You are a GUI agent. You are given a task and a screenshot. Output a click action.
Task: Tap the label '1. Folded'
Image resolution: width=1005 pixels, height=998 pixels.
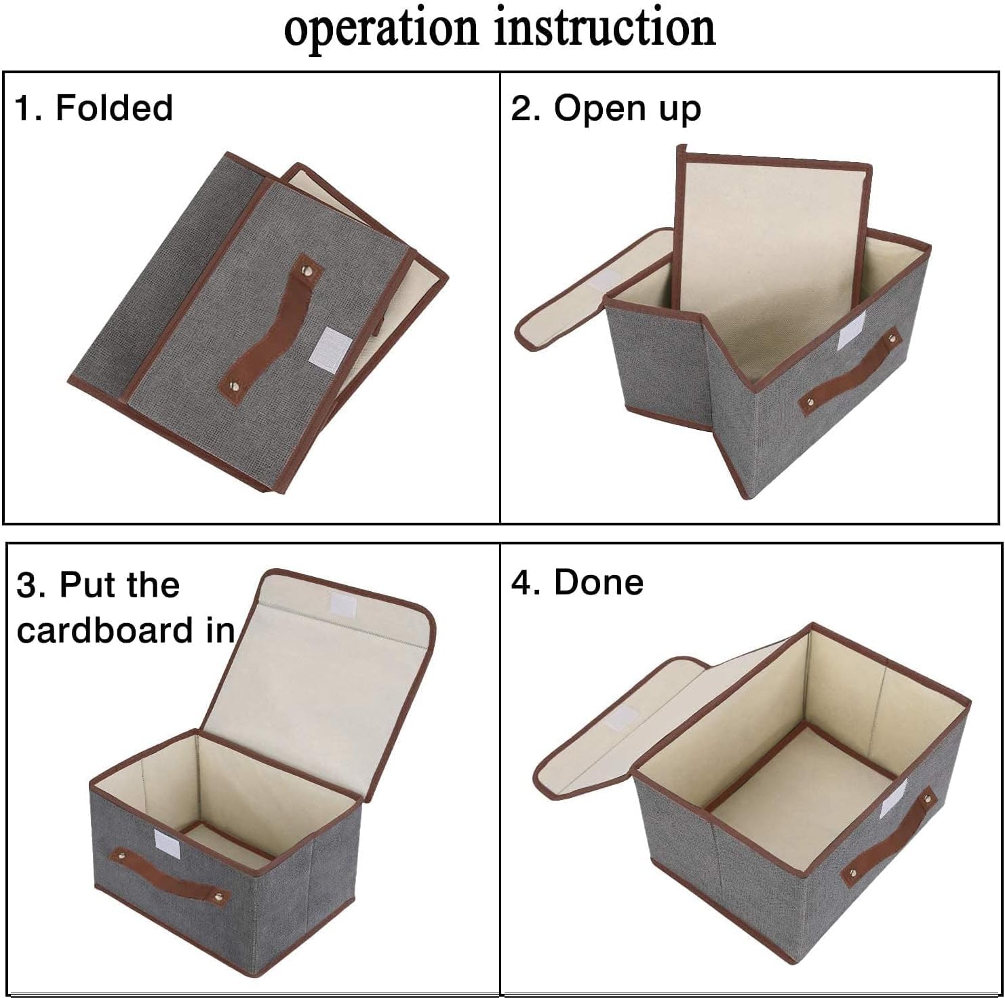coord(94,108)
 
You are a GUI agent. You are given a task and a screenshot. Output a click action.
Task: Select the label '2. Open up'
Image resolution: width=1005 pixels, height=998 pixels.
coord(606,108)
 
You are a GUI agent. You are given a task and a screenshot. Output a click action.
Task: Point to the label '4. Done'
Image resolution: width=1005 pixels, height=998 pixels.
coord(577,582)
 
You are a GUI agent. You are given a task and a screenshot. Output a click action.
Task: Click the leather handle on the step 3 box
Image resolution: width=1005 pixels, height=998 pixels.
coord(163,875)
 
